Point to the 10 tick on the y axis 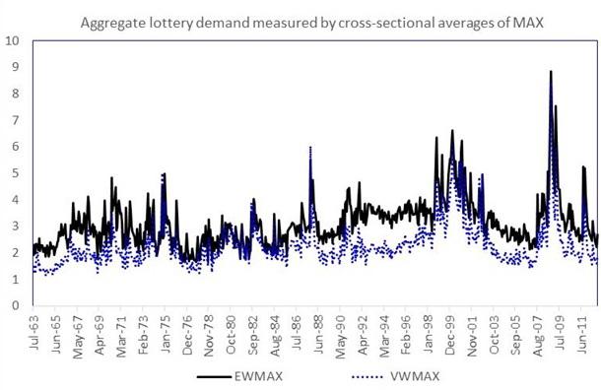[x=13, y=41]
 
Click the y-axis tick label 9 [x=13, y=68]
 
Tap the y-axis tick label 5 [x=13, y=173]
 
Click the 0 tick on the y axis [x=13, y=305]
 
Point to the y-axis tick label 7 [x=13, y=120]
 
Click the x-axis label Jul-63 [x=35, y=331]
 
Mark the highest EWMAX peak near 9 [x=551, y=72]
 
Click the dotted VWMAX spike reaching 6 [x=310, y=148]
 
